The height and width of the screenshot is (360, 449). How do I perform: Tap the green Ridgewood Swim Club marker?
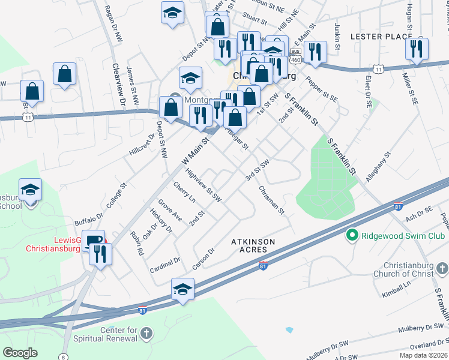(353, 236)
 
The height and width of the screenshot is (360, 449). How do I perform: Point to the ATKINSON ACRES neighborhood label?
(253, 246)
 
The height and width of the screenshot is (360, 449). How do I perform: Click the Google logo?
(20, 353)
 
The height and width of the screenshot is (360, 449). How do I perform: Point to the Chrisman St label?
(271, 199)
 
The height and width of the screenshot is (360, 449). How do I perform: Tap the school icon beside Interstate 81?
(183, 289)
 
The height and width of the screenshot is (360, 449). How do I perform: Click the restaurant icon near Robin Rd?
(100, 254)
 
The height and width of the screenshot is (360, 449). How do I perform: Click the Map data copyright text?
(423, 355)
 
